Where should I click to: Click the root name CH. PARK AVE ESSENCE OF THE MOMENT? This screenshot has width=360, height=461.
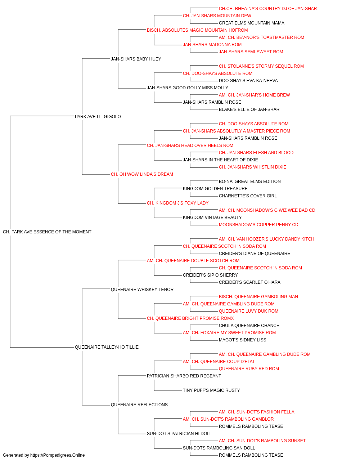pos(47,232)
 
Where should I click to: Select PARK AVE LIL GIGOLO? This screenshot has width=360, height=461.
pos(98,116)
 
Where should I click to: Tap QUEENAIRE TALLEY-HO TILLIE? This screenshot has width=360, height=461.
pos(107,347)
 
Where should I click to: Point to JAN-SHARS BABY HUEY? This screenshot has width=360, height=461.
pos(136,59)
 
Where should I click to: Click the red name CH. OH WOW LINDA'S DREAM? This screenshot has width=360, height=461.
pos(142,174)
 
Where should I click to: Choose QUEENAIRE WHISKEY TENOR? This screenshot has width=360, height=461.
pos(142,289)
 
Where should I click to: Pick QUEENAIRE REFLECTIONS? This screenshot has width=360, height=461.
pos(139,404)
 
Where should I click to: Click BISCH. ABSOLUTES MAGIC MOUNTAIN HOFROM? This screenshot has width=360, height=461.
pos(197,30)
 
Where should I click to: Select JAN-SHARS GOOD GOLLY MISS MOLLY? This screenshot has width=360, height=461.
pos(188,88)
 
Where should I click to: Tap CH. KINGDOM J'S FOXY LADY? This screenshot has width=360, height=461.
pos(178,203)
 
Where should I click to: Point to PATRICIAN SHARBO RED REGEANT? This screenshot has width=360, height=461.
pos(184,376)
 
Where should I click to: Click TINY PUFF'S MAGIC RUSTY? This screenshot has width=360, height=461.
pos(211,390)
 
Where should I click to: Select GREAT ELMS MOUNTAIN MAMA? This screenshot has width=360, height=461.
pos(251,23)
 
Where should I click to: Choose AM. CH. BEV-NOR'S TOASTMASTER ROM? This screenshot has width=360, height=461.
pos(261,37)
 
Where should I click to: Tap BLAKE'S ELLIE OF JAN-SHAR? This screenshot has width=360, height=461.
pos(249,109)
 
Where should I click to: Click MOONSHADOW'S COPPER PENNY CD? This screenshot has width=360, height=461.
pos(258,225)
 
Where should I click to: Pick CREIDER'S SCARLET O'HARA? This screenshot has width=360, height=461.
pos(249,282)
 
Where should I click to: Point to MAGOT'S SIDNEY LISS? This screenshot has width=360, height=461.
pos(242,340)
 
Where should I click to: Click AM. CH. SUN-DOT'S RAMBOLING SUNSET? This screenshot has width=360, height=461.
pos(262,440)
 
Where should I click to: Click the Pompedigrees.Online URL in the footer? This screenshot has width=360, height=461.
pos(57,455)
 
